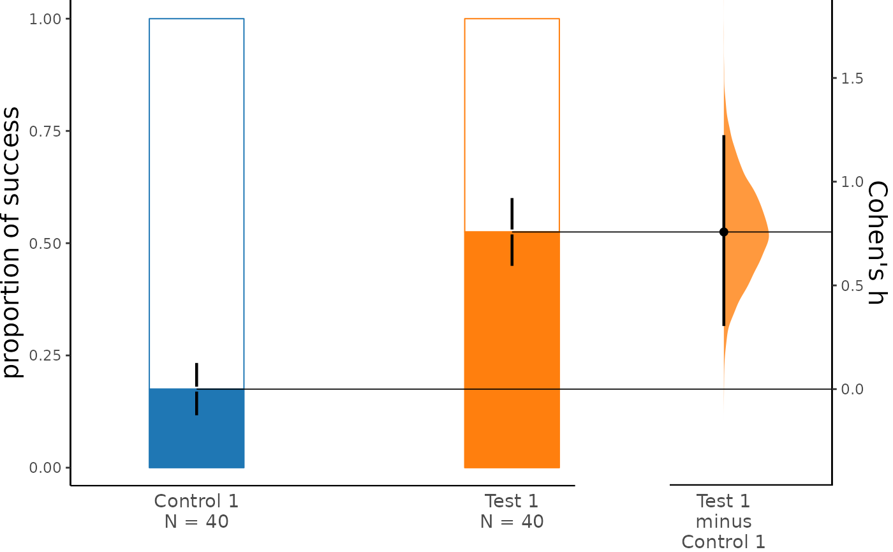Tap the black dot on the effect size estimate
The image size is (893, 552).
point(723,232)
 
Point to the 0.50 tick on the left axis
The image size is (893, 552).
point(48,243)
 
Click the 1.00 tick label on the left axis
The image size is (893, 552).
point(48,19)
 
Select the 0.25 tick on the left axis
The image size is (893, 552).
point(48,355)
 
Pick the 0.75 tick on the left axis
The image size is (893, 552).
point(48,131)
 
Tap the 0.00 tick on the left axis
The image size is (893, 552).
point(48,468)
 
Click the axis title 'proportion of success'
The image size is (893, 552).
point(13,242)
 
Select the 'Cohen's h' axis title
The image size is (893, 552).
point(878,242)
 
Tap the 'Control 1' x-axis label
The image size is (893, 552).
point(196,501)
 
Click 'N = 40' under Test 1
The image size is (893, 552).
point(512,522)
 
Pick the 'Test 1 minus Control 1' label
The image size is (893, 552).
point(723,521)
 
